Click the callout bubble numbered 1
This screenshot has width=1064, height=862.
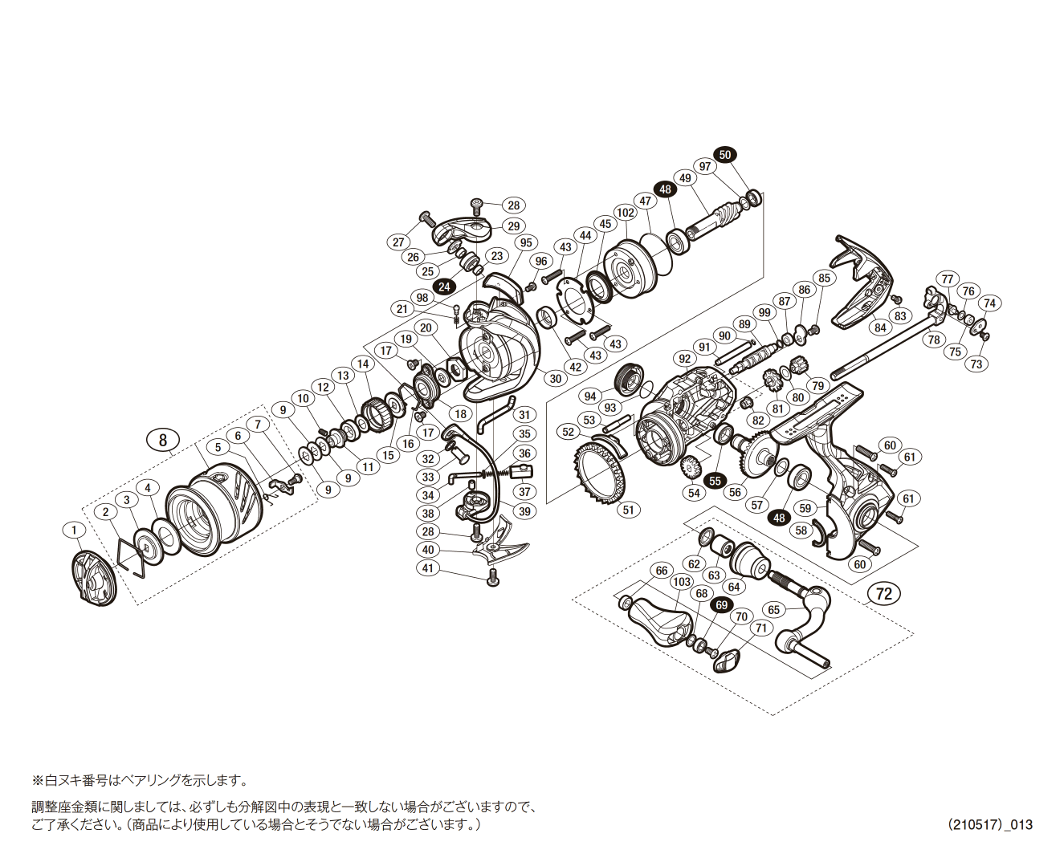click(75, 530)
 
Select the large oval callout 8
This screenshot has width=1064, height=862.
click(163, 440)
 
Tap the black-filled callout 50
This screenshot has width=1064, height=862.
click(725, 155)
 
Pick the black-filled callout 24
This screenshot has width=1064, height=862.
click(443, 287)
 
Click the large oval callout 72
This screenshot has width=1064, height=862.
click(884, 594)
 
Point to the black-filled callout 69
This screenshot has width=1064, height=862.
click(722, 604)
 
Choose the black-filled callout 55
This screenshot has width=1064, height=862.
click(715, 480)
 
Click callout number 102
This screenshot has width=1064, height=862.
click(626, 213)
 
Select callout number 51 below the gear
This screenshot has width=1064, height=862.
click(628, 509)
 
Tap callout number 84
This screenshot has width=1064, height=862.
click(881, 327)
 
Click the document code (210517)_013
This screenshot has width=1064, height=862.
click(989, 824)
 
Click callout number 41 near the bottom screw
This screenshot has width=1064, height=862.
click(428, 568)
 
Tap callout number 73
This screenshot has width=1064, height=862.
click(976, 364)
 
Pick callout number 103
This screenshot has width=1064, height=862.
click(682, 581)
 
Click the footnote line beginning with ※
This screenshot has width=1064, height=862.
click(140, 780)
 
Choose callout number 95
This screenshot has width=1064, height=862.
click(526, 243)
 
